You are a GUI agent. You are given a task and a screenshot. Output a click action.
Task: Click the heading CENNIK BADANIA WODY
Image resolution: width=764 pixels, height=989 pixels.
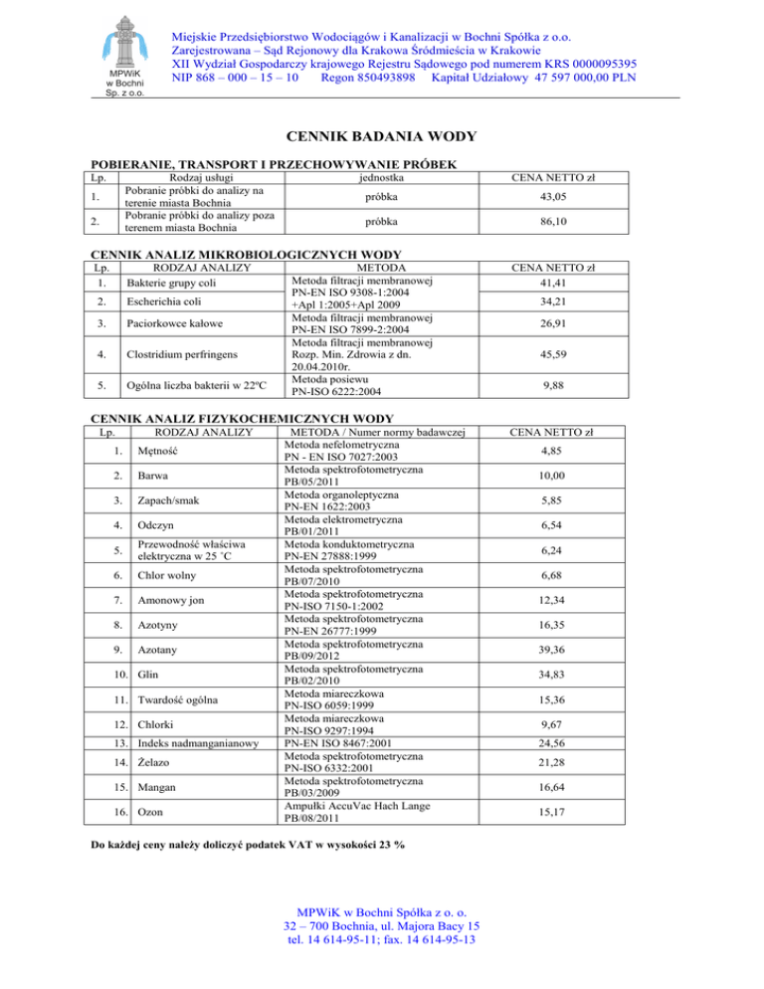[x=381, y=136]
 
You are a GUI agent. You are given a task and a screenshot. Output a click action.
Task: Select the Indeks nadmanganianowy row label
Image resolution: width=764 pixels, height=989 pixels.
[x=199, y=741]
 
